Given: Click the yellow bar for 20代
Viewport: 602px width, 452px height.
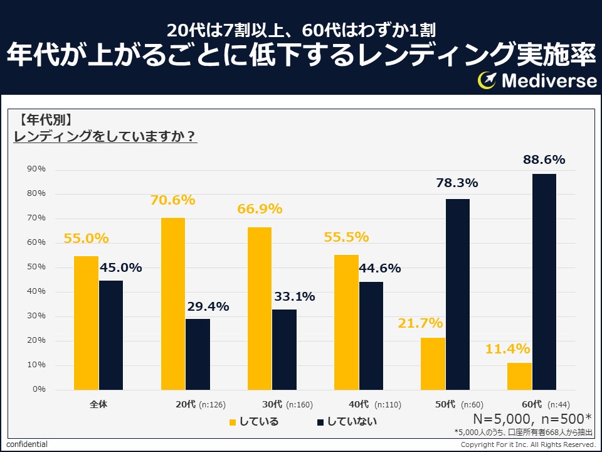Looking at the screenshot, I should coord(173,304).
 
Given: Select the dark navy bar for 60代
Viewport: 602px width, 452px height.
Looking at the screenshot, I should coord(544,282).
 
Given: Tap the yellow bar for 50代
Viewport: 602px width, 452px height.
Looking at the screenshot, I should coord(433,364).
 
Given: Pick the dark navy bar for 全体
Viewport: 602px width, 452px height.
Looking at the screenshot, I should coord(111,335).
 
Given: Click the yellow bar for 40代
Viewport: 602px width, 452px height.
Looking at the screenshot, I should coord(346,322).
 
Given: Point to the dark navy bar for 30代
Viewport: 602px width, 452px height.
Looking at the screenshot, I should coord(284,350).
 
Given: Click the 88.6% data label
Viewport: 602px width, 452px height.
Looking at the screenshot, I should coord(544,160).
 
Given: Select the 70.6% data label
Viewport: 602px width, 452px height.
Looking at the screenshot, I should coord(172,201).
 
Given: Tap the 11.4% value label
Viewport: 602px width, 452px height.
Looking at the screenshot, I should coord(507,349).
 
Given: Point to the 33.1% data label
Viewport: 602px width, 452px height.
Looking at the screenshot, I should coord(293,297).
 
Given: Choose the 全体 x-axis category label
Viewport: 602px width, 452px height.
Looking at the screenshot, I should coord(98,404).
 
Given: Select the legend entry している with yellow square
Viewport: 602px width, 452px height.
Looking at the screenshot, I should coord(254,421).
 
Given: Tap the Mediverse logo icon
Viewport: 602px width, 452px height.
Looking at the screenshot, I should coord(487,80).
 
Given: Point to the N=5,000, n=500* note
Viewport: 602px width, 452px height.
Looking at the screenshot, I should coord(532,419).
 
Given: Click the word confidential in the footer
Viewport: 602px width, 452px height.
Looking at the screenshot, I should coord(27,444).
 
